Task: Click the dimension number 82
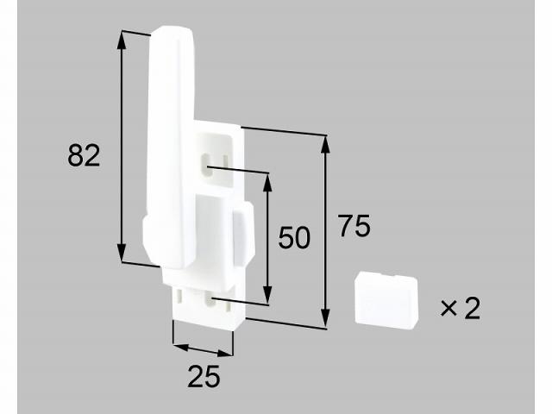click(x=85, y=155)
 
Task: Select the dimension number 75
click(x=354, y=227)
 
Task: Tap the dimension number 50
click(x=293, y=237)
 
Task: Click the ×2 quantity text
click(x=459, y=308)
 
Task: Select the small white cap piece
click(x=386, y=299)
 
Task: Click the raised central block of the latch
click(x=216, y=229)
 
